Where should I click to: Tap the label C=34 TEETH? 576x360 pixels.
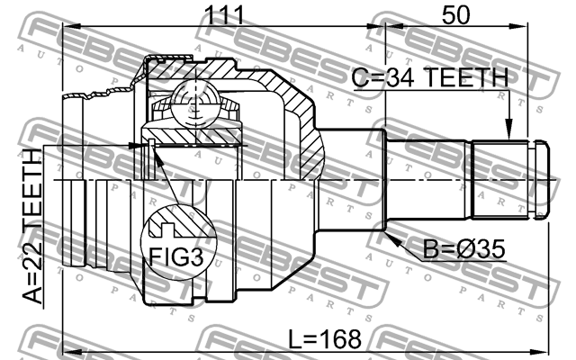point(430,79)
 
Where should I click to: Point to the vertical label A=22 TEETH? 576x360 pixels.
point(32,227)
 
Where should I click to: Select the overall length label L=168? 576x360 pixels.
point(324,339)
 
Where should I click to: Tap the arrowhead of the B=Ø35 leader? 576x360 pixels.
point(391,237)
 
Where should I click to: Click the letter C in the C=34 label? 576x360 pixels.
point(359,79)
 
